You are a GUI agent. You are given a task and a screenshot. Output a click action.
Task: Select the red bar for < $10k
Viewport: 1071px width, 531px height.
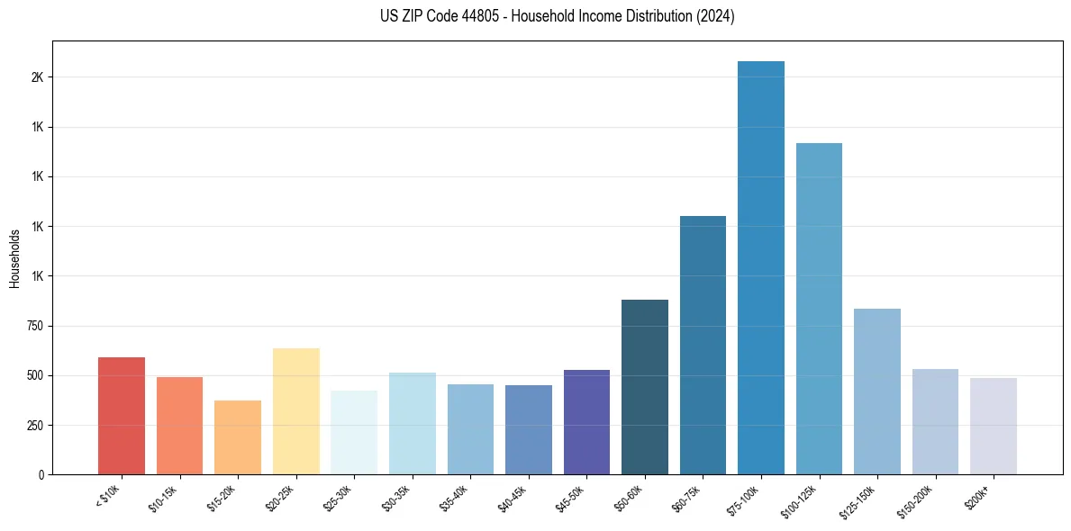[x=122, y=416]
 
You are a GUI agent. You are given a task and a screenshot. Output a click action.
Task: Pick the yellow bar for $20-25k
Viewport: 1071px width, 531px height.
[x=296, y=411]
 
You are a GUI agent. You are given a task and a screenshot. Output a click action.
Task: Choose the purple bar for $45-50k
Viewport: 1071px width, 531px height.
[x=586, y=422]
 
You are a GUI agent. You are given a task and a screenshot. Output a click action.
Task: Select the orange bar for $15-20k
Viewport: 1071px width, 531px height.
[x=238, y=437]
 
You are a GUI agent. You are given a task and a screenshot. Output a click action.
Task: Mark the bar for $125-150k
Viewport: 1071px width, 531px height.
[x=877, y=391]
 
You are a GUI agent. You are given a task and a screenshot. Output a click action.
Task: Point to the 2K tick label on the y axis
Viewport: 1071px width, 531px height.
[x=37, y=77]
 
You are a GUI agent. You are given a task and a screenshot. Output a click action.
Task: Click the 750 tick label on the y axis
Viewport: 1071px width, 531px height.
[x=34, y=326]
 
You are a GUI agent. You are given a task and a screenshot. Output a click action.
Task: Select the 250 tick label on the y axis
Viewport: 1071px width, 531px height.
[x=34, y=425]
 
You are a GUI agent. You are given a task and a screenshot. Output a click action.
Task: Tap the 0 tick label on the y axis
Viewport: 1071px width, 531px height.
[x=41, y=474]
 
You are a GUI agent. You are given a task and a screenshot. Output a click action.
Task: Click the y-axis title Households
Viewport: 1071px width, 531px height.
[x=15, y=258]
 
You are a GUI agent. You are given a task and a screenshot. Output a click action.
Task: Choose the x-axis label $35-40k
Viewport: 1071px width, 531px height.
[x=455, y=499]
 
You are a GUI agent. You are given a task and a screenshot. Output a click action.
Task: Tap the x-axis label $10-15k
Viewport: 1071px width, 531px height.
[x=164, y=499]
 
